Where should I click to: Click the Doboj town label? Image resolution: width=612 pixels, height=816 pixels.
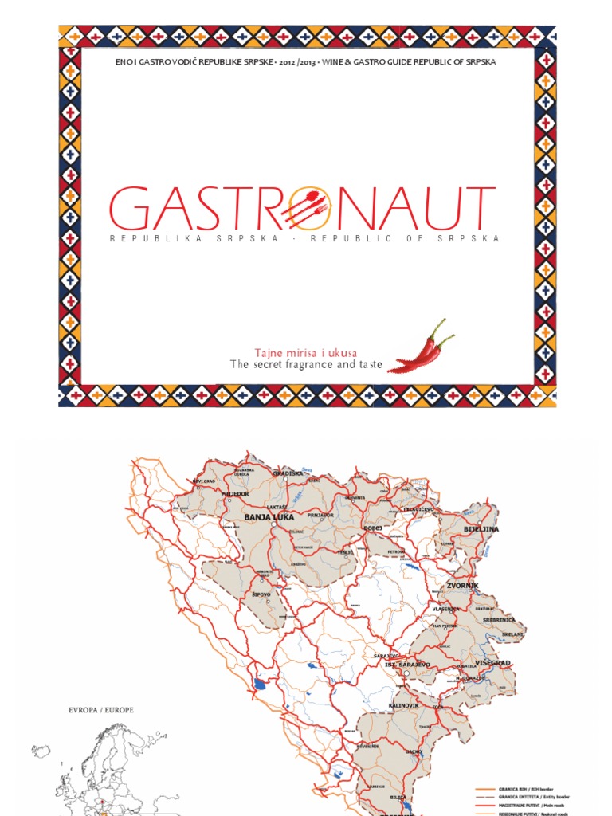tap(373, 528)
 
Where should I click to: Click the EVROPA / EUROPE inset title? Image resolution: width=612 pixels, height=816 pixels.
tap(100, 709)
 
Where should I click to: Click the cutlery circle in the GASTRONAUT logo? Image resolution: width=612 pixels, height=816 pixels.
tap(306, 208)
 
